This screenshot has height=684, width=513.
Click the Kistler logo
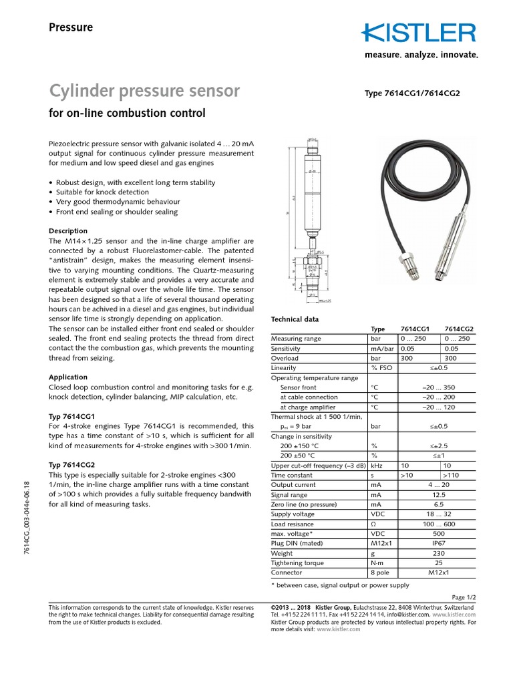tap(419, 33)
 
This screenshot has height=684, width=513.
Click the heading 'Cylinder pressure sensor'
tap(145, 91)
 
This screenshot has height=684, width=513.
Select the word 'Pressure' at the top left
tap(71, 27)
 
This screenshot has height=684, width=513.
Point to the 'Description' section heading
tap(68, 231)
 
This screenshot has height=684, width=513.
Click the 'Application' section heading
tap(68, 377)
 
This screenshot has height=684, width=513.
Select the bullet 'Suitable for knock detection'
tap(102, 192)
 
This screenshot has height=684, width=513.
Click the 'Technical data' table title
tap(294, 320)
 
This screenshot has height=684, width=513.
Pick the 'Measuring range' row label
tap(296, 339)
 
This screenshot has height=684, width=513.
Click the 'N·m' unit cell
tap(378, 563)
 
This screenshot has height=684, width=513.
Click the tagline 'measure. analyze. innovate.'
tap(421, 55)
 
